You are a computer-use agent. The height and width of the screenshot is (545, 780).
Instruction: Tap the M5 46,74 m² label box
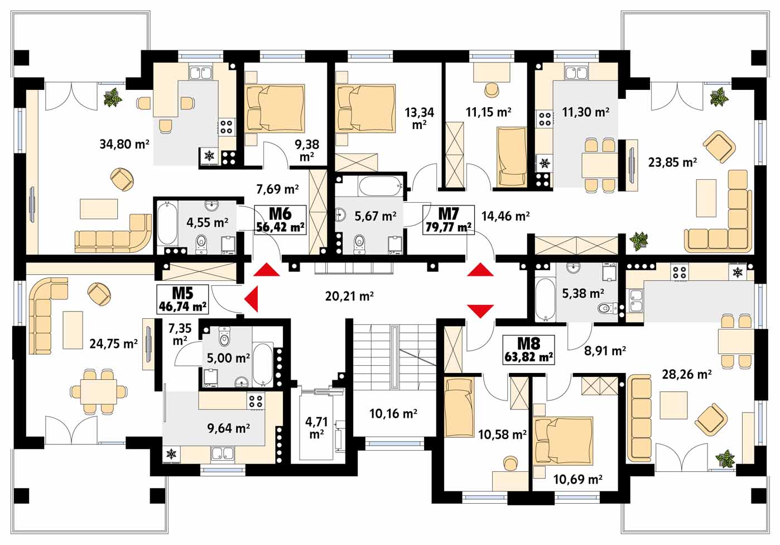pos(182,299)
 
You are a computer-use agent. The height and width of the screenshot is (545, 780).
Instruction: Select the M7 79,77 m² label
pos(449,220)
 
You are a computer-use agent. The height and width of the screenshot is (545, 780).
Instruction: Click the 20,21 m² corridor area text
pos(349,297)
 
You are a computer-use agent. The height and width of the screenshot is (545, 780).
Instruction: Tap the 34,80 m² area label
pos(124,144)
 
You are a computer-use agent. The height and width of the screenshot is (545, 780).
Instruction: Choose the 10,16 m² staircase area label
pos(393,414)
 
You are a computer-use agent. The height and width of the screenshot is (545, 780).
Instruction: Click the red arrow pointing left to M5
pos(251,299)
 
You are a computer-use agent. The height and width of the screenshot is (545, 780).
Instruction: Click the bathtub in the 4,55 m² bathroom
pos(167,223)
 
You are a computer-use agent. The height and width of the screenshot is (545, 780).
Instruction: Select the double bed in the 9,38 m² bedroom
pos(275,108)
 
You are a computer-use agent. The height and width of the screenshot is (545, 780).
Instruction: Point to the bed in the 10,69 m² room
pos(563,441)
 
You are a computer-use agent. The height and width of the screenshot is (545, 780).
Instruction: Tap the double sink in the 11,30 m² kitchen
pos(577,73)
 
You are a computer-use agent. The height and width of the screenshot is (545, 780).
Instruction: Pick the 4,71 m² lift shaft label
pos(316,428)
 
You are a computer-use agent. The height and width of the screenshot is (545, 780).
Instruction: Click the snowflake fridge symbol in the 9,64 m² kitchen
pos(171,454)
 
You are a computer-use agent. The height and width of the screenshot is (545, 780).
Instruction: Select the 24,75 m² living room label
pos(113,344)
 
